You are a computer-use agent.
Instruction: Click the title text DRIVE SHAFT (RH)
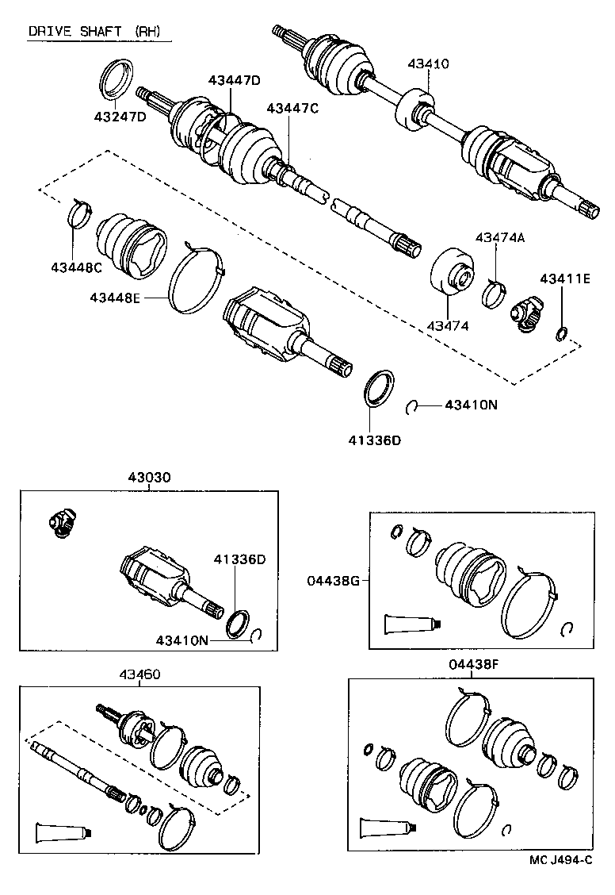[94, 32]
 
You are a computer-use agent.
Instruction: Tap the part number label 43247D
[120, 117]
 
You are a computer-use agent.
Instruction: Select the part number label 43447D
[235, 80]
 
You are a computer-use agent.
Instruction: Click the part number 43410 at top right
[428, 63]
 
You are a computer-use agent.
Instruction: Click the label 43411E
[565, 278]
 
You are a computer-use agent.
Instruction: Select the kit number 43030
[149, 478]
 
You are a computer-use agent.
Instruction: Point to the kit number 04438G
[334, 581]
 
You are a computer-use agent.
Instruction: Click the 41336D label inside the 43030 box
[239, 559]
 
